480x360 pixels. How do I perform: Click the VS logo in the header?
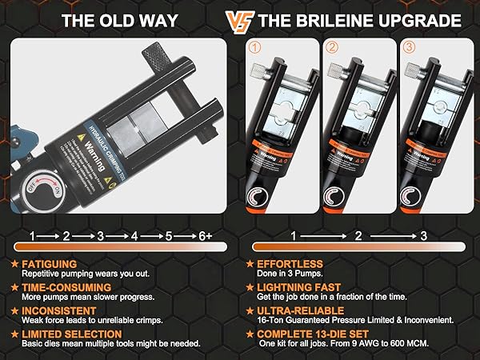[238, 20]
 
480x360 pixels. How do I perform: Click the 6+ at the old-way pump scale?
[204, 236]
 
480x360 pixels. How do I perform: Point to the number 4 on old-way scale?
[134, 236]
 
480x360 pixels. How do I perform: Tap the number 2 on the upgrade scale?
[358, 236]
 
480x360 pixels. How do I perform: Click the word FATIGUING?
[50, 263]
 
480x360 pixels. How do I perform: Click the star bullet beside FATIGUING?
[14, 263]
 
